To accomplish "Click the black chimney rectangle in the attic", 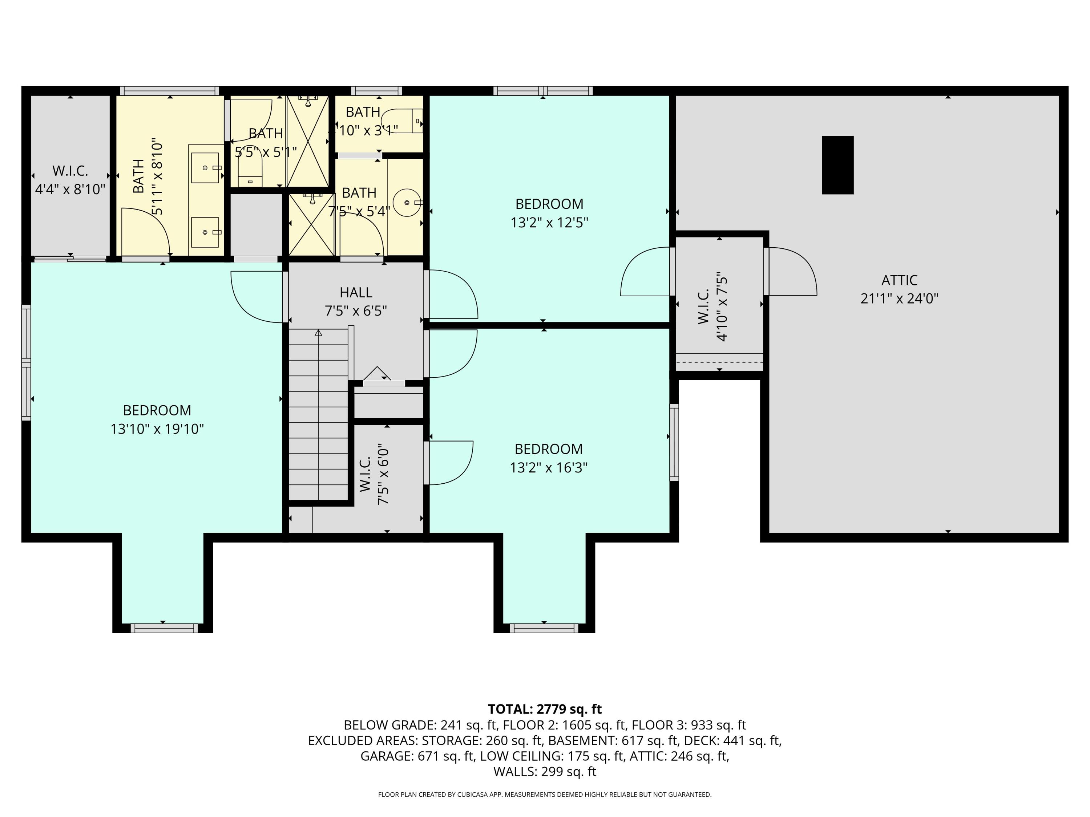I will point(838,165).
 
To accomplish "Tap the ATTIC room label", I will point(899,280).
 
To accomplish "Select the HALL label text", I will point(356,293).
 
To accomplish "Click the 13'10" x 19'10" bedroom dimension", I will point(157,429).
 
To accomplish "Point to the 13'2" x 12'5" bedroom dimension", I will point(549,223).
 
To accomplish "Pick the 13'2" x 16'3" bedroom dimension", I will point(548,467).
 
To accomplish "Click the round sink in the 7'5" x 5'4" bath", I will point(407,202).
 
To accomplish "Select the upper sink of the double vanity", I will point(205,167).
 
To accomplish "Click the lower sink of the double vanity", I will point(205,232).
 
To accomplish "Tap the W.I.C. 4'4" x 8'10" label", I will point(70,180).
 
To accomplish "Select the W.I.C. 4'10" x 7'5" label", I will point(712,306).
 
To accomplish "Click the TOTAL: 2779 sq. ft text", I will point(545,709).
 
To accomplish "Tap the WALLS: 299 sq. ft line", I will point(545,772).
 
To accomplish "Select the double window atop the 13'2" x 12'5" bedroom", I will point(543,91).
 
